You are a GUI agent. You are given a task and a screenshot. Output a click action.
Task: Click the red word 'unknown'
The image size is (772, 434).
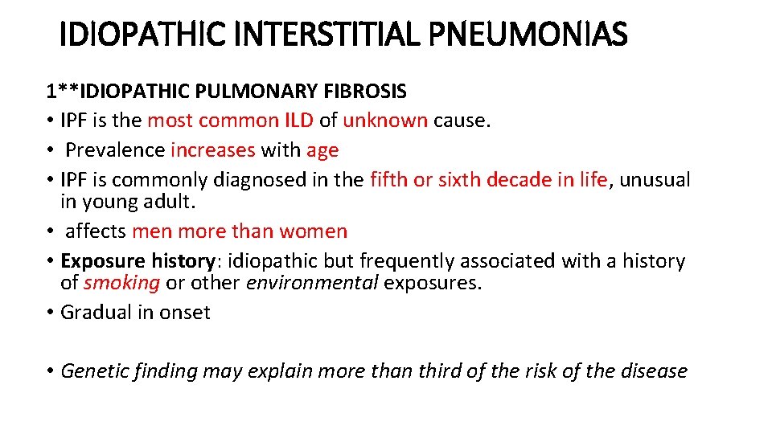click(385, 121)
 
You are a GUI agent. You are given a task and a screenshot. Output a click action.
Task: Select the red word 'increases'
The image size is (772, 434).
click(212, 150)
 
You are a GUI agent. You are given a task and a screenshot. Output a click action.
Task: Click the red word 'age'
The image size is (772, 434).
click(322, 151)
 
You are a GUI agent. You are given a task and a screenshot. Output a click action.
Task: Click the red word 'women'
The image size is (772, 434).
click(314, 231)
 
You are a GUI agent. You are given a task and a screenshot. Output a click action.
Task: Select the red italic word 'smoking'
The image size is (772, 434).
click(121, 283)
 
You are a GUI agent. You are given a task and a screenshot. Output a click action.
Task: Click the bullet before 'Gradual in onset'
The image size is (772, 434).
click(51, 313)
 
